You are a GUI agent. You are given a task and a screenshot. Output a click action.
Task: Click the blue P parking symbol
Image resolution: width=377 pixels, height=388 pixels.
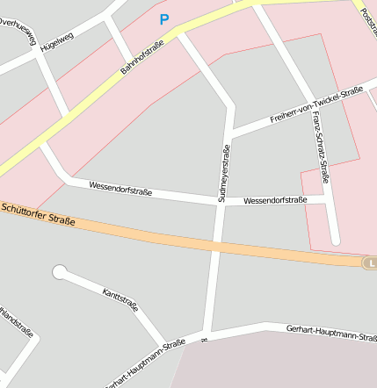[163, 18]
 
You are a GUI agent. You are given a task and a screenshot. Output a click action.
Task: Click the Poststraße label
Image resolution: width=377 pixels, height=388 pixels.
[367, 18]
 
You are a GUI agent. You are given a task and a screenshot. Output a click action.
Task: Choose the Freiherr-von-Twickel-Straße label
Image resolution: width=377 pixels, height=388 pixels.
[316, 104]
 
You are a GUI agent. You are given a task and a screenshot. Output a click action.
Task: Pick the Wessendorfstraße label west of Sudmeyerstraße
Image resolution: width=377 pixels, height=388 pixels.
[121, 189]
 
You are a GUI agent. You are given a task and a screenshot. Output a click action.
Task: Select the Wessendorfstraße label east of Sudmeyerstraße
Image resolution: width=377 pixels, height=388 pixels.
[275, 201]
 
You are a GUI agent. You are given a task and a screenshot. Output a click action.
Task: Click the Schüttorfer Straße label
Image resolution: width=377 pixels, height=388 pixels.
[38, 214]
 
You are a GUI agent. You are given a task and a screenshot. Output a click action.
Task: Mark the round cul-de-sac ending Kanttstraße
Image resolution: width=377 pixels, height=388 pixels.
[59, 272]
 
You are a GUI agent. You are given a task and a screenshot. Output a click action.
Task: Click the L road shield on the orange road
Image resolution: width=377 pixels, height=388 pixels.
[371, 262]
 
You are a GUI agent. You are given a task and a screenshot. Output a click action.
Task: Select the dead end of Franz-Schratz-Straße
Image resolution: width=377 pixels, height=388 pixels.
[335, 240]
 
